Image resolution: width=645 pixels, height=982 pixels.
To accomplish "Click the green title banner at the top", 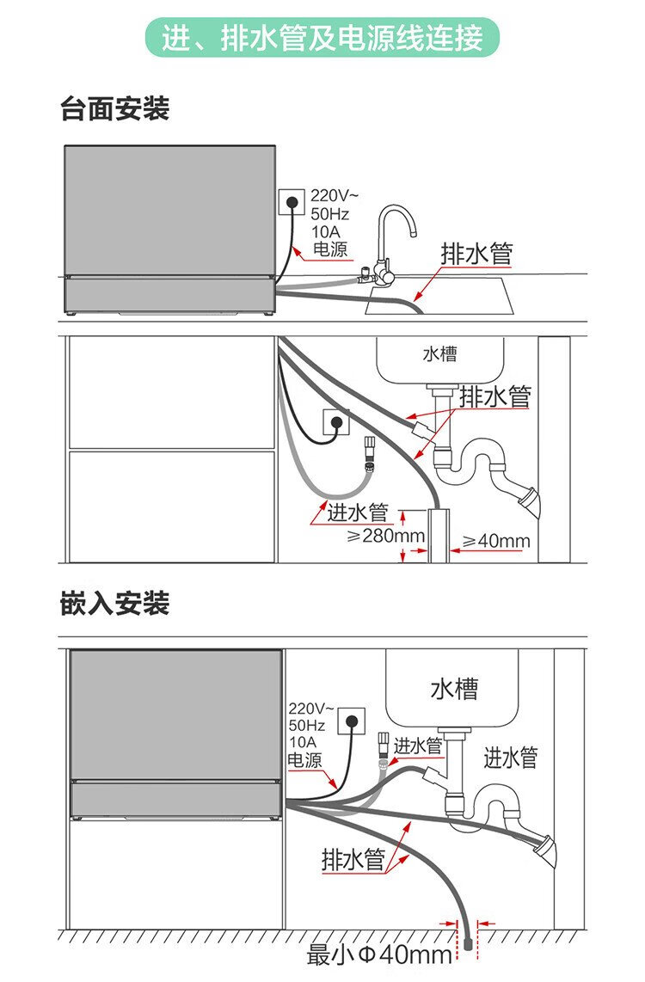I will click(x=322, y=38).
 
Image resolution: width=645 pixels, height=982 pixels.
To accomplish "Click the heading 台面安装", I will click(x=115, y=109).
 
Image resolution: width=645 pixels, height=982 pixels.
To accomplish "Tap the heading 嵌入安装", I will click(x=115, y=603).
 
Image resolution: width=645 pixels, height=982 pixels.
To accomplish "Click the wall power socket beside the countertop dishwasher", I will click(x=292, y=203).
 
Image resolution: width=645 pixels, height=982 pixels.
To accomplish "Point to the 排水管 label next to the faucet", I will click(x=476, y=254).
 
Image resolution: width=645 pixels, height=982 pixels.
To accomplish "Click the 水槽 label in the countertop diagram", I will click(x=439, y=353).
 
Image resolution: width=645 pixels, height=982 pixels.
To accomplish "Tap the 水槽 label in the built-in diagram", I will click(x=454, y=689).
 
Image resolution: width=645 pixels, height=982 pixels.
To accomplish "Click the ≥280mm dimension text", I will click(x=386, y=536).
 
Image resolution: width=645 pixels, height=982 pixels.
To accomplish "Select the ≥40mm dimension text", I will click(x=496, y=541).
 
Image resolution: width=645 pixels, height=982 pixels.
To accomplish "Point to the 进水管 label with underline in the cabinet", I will click(x=357, y=512).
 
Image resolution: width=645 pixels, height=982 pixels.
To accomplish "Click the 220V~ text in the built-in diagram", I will click(x=307, y=709).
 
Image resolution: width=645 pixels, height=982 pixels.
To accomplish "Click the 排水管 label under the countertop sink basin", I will click(x=495, y=396).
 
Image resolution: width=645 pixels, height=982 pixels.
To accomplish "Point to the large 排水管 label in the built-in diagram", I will click(x=353, y=859).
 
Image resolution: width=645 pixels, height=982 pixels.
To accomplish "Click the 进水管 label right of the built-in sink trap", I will click(x=510, y=758).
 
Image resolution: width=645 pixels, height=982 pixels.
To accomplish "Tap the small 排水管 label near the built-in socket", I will click(x=418, y=745).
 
